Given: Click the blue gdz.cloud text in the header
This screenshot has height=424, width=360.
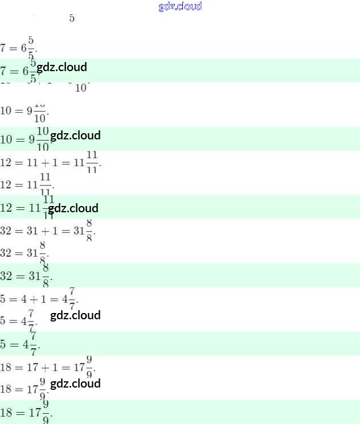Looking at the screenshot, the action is click(180, 7).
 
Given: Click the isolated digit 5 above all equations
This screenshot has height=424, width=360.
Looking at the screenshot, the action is click(72, 18).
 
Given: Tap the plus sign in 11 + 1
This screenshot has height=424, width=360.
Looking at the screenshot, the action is click(47, 162).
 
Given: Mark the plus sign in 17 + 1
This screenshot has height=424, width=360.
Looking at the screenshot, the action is click(47, 367).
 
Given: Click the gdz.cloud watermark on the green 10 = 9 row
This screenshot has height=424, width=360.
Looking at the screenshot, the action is click(75, 135).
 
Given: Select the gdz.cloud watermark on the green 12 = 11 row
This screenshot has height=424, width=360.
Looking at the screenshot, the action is click(73, 208).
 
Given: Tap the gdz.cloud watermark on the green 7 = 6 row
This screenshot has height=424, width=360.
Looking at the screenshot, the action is click(62, 67).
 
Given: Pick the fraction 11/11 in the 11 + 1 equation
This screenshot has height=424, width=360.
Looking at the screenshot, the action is click(92, 162).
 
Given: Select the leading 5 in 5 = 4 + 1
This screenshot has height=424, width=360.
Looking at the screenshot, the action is click(3, 299).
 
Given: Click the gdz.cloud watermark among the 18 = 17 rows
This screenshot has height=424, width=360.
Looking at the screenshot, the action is click(75, 384).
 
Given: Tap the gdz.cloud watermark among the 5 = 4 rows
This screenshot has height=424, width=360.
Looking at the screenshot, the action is click(75, 315).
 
